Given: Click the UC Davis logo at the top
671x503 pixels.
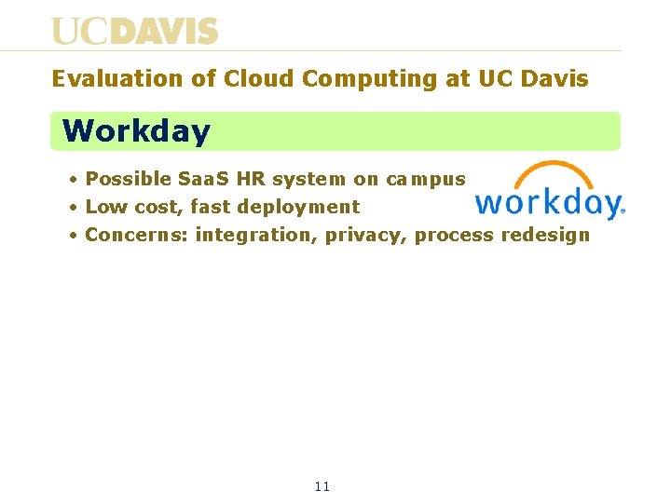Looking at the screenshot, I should pos(135,31).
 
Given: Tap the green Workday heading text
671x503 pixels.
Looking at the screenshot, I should pos(136,131).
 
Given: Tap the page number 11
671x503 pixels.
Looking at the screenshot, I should pos(322,486).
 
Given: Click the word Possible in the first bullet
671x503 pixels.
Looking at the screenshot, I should pos(128,179).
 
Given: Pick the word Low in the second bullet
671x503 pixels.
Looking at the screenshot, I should pos(103,207).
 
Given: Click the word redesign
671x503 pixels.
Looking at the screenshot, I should pos(545,235).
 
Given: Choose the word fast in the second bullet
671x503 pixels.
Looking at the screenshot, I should pos(210,207).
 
